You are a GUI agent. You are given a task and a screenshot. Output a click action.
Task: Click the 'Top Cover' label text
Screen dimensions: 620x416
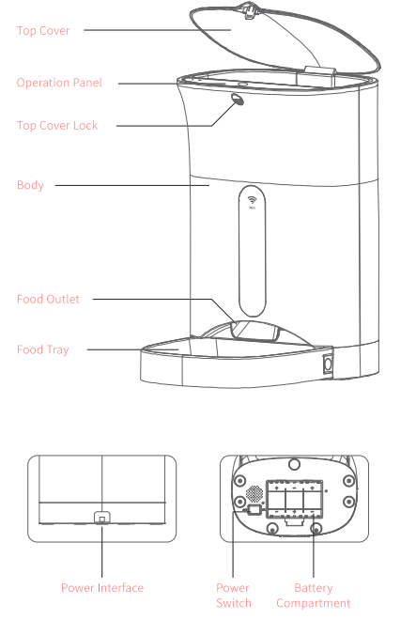[x=43, y=30]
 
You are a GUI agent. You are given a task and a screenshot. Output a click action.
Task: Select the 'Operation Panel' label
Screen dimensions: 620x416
[x=59, y=83]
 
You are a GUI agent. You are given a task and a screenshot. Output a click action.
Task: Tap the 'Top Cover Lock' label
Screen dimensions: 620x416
[x=57, y=125]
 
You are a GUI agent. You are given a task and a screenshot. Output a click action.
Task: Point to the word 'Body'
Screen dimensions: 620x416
[x=30, y=185]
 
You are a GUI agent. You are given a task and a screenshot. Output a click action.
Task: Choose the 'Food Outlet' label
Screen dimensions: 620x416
[x=48, y=300]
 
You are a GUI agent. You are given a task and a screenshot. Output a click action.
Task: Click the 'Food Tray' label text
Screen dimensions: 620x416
[x=42, y=349]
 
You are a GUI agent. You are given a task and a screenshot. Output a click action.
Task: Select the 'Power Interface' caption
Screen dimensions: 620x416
[x=102, y=588]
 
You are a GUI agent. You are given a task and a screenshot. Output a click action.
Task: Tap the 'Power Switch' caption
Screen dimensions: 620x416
[x=234, y=596]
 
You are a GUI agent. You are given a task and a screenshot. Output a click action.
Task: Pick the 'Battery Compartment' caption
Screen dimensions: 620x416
[x=313, y=596]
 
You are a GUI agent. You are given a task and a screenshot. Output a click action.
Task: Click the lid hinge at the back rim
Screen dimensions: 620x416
[x=318, y=70]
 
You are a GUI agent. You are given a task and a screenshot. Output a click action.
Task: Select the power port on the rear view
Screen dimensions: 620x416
[x=102, y=518]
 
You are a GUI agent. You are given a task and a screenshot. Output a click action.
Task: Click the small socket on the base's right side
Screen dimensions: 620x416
[x=330, y=362]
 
